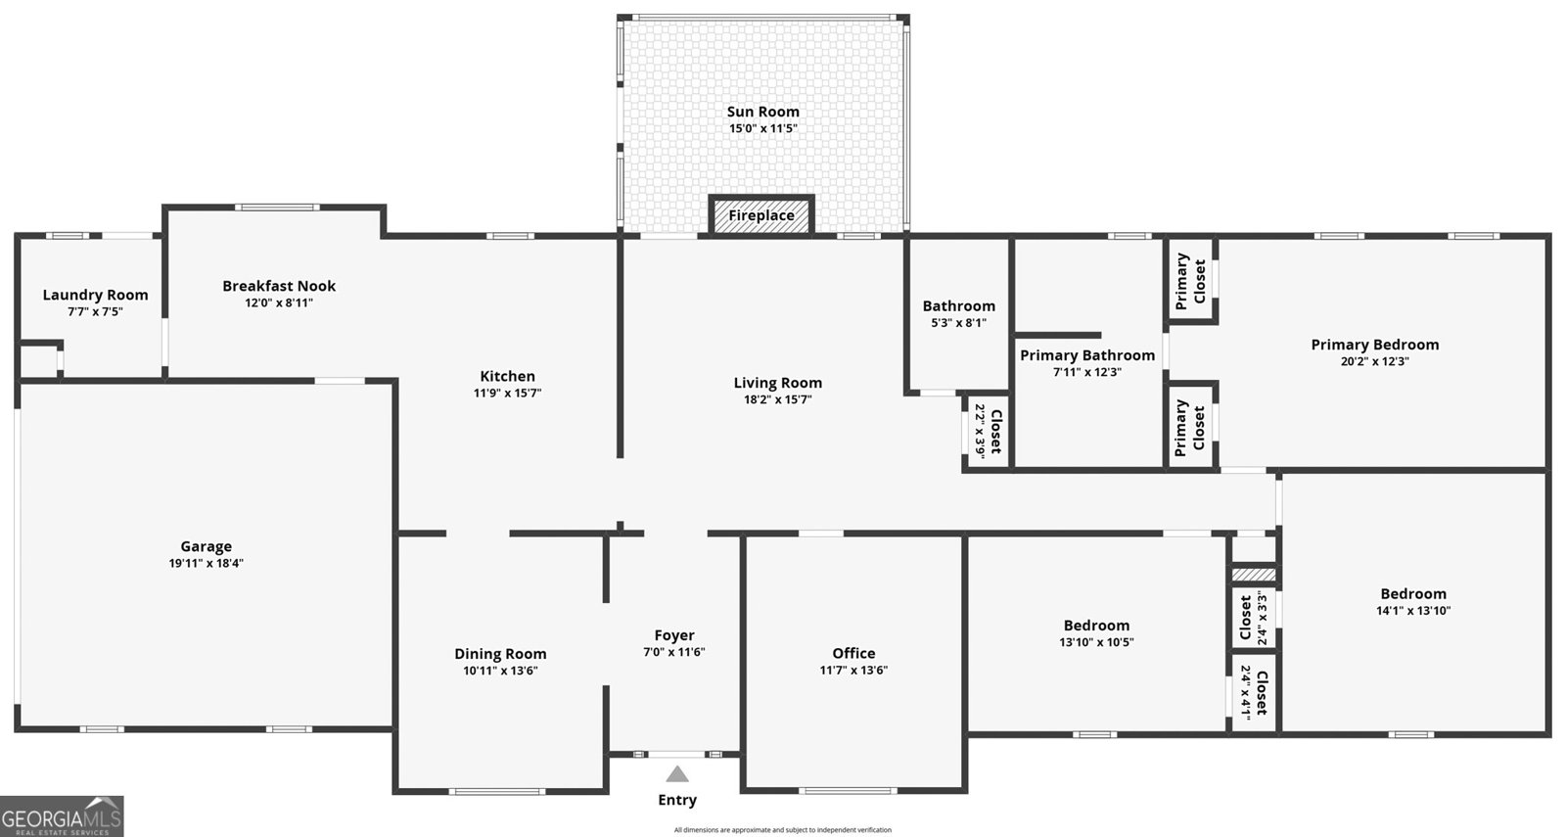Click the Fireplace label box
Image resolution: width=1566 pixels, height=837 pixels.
coord(761,214)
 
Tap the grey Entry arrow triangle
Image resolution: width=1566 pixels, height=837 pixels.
coord(676,774)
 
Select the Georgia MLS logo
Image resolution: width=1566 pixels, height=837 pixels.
coord(62,816)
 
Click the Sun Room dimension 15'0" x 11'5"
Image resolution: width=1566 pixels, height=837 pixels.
coord(763,128)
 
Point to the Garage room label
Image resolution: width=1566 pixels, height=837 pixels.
coord(207,546)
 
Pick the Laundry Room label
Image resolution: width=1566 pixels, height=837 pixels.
coord(96,295)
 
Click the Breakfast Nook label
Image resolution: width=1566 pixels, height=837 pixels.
coord(279,285)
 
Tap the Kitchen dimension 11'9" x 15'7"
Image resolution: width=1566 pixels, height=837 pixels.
coord(508,393)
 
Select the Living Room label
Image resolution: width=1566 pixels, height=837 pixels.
coord(778,383)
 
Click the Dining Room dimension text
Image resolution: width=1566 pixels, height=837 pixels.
coord(500,671)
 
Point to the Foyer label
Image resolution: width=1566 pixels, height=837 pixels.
coord(674,635)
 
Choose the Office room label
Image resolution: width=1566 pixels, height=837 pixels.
coord(853,652)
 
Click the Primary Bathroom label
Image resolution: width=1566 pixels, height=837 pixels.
coord(1087,355)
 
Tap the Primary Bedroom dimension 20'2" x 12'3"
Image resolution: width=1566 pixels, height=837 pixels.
coord(1375,361)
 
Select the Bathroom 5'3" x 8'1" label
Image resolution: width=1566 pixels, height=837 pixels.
coord(958,314)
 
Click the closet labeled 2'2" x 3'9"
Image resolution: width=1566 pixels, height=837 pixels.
coord(988,432)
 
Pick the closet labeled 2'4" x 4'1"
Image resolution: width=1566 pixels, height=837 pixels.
coord(1254,692)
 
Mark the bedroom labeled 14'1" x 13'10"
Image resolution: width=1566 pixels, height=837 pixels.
coord(1413,601)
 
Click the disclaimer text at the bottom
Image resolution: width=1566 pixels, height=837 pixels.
coord(783,830)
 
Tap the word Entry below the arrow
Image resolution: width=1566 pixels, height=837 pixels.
coord(677,800)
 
